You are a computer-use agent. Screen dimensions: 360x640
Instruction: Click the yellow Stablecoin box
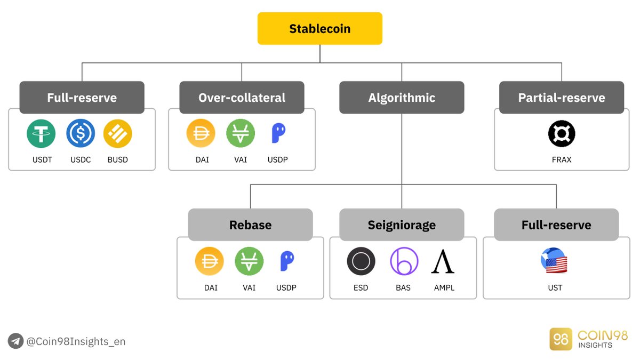(319, 28)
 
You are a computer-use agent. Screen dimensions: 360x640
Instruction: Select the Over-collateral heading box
(242, 98)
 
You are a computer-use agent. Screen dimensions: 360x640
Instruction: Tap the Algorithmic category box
(402, 98)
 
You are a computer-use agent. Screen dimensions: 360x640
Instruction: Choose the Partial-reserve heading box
(562, 98)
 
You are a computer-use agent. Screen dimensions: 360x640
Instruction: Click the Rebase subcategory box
(250, 225)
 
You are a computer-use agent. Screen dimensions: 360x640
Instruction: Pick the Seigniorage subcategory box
(402, 225)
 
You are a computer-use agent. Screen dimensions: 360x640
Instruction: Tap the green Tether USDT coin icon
(41, 133)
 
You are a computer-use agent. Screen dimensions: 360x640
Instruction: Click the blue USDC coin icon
(81, 133)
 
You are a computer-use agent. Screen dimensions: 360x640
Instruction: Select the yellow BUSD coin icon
(117, 133)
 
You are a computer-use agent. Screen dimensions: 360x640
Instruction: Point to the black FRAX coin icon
(562, 133)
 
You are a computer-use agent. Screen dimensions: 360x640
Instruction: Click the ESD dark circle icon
(361, 261)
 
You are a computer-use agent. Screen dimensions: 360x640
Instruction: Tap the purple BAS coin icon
(404, 261)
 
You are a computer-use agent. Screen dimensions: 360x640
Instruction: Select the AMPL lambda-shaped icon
(443, 261)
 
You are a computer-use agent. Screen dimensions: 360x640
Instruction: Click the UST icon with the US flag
(554, 261)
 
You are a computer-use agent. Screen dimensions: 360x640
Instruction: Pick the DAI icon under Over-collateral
(201, 133)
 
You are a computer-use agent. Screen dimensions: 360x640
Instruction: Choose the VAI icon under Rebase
(249, 261)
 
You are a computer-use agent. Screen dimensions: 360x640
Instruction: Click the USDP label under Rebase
(286, 288)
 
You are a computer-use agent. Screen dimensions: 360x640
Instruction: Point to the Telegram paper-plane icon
(15, 341)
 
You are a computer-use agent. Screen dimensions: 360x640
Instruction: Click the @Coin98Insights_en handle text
(76, 341)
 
